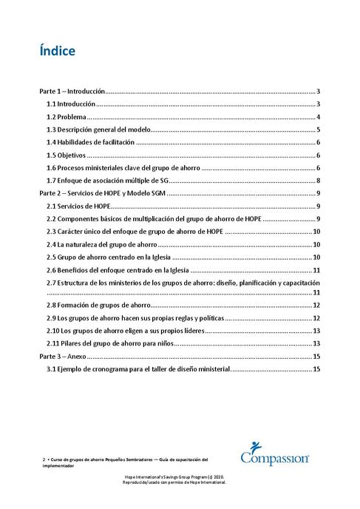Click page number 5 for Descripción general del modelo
coord(316,129)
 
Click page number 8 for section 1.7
coord(316,181)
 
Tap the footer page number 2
coord(44,459)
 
